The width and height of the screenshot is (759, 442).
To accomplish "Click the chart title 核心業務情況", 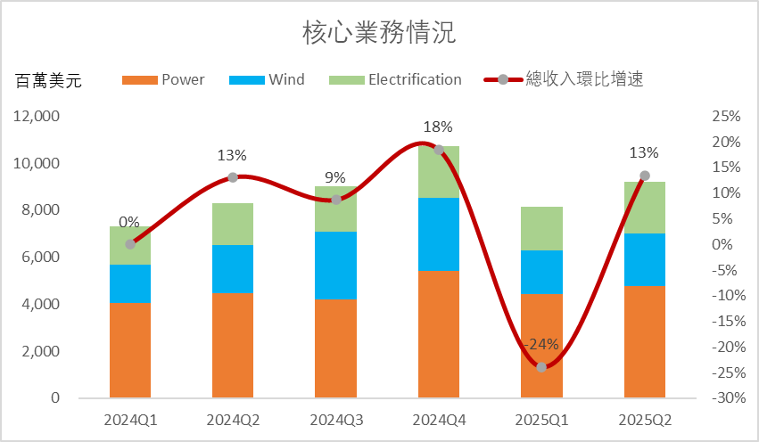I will pyautogui.click(x=379, y=34).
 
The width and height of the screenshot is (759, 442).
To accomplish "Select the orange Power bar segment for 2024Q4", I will pyautogui.click(x=439, y=334).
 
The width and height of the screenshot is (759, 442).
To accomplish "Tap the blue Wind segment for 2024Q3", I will pyautogui.click(x=336, y=265).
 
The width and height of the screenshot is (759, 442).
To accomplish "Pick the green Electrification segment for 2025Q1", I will pyautogui.click(x=541, y=228).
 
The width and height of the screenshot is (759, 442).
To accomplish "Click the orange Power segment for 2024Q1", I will pyautogui.click(x=130, y=350).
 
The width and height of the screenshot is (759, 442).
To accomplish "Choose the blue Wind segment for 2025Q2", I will pyautogui.click(x=645, y=259).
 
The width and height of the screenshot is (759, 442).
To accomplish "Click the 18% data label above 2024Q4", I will pyautogui.click(x=439, y=127).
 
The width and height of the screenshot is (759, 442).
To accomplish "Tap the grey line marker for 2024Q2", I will pyautogui.click(x=233, y=177).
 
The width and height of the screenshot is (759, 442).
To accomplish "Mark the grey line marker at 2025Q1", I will pyautogui.click(x=541, y=367).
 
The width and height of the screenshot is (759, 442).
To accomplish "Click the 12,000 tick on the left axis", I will pyautogui.click(x=38, y=116).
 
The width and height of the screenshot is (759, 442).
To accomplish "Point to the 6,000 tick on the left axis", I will pyautogui.click(x=42, y=258).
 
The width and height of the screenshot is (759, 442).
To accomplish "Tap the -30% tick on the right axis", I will pyautogui.click(x=726, y=398).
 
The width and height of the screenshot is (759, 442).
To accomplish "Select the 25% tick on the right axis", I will pyautogui.click(x=728, y=117).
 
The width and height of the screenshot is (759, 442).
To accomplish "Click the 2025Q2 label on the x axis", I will pyautogui.click(x=645, y=419).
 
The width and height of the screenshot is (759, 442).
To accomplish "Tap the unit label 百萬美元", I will pyautogui.click(x=49, y=82).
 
